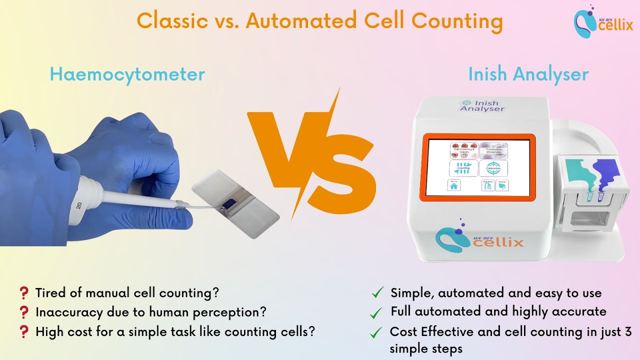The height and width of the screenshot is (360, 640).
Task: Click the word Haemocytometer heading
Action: click(127, 74)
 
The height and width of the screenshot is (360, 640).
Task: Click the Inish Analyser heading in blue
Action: click(528, 74)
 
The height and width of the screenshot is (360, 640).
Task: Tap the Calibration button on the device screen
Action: click(493, 168)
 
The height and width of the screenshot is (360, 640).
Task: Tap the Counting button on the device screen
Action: click(463, 168)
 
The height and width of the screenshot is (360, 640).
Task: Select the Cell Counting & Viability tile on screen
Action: click(463, 150)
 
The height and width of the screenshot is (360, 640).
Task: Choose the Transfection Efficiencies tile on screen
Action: click(493, 150)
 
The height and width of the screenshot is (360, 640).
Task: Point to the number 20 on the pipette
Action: click(78, 205)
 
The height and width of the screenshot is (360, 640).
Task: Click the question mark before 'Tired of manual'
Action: click(23, 292)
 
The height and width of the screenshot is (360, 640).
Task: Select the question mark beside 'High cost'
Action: click(23, 332)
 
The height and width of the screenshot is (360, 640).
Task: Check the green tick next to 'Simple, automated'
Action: click(378, 292)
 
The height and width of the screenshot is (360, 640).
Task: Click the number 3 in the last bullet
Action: click(628, 331)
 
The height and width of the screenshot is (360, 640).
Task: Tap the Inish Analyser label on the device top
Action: click(481, 106)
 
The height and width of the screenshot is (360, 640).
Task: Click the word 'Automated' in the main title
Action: click(302, 21)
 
